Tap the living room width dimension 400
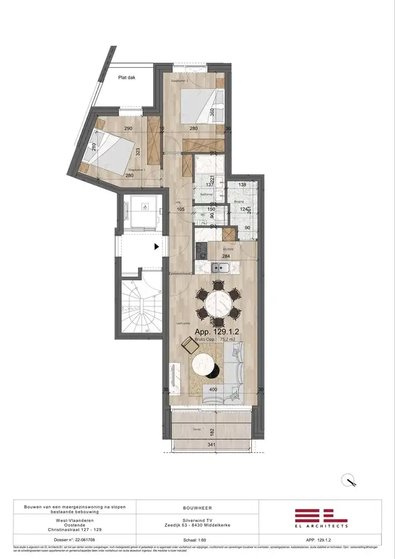(213, 390)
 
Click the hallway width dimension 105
(180, 209)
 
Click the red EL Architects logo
(321, 518)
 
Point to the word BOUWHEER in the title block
(197, 508)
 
